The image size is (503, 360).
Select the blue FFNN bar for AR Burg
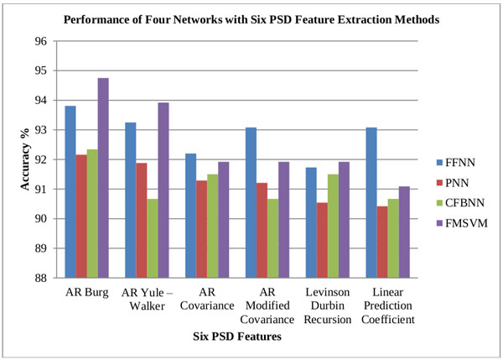[70, 192]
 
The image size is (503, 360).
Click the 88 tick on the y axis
[39, 278]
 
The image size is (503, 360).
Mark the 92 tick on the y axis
[39, 159]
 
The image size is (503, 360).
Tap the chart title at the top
[252, 18]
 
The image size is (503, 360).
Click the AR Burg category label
[86, 293]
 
